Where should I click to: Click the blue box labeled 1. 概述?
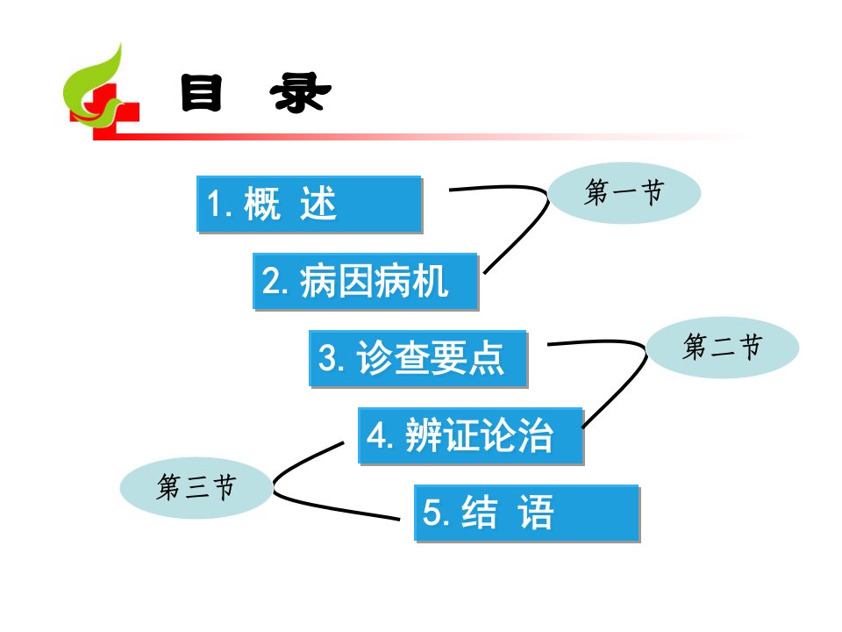click(310, 204)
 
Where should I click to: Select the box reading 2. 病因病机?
click(366, 281)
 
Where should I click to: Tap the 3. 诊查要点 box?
click(418, 358)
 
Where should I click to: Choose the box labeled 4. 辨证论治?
click(471, 436)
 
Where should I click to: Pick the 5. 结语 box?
click(527, 513)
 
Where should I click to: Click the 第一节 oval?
click(624, 193)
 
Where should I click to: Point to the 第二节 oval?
click(722, 348)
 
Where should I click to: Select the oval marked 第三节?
click(196, 487)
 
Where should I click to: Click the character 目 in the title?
click(202, 93)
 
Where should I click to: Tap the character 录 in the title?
click(300, 93)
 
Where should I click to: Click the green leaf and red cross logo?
click(101, 91)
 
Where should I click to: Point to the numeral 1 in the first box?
click(214, 205)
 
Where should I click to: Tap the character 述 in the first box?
click(318, 203)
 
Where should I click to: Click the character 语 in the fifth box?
click(535, 512)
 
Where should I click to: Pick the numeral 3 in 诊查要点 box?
click(327, 358)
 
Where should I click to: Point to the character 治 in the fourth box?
click(535, 434)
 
